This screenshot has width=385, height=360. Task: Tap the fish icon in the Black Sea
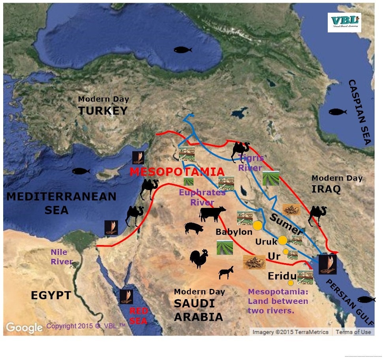pyautogui.click(x=183, y=50)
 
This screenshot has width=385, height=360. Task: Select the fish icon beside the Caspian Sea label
pyautogui.click(x=338, y=112)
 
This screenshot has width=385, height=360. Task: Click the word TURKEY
pyautogui.click(x=103, y=111)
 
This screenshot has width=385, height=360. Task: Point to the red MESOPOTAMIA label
pyautogui.click(x=177, y=172)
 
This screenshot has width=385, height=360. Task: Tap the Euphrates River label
pyautogui.click(x=202, y=197)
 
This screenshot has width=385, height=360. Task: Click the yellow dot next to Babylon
pyautogui.click(x=257, y=225)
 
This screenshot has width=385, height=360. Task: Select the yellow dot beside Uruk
pyautogui.click(x=282, y=240)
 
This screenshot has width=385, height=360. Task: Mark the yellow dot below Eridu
pyautogui.click(x=291, y=283)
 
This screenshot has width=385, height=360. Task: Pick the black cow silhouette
pyautogui.click(x=212, y=214)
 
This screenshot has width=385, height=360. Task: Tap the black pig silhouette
pyautogui.click(x=193, y=228)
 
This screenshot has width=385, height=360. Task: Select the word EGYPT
pyautogui.click(x=51, y=295)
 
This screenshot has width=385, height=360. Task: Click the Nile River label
pyautogui.click(x=61, y=257)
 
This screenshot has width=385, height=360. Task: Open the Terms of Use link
pyautogui.click(x=353, y=332)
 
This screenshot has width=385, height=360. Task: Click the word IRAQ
pyautogui.click(x=326, y=189)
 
